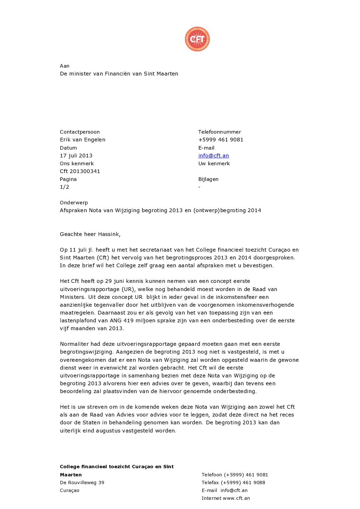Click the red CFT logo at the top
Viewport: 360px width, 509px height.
tap(197, 39)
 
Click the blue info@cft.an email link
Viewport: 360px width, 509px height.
tap(213, 156)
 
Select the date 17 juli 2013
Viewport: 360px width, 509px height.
tap(76, 156)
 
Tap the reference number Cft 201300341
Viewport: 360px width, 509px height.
tap(80, 171)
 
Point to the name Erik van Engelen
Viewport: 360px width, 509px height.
tap(83, 140)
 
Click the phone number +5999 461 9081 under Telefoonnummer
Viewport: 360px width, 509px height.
tap(221, 140)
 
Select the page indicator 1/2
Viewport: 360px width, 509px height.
tap(65, 187)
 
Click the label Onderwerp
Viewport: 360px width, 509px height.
tap(74, 203)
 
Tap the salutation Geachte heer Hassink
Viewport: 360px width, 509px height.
tap(90, 234)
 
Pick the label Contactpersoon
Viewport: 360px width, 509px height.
tap(80, 132)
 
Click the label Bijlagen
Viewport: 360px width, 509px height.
tap(208, 179)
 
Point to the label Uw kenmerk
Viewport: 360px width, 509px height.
tap(214, 164)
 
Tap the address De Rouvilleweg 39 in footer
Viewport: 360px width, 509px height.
tap(82, 483)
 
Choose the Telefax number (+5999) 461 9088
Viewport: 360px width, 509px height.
tap(243, 483)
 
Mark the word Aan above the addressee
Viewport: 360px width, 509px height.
tap(65, 66)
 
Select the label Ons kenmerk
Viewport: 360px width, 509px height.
tap(77, 164)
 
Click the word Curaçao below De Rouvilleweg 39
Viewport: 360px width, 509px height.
tap(70, 491)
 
